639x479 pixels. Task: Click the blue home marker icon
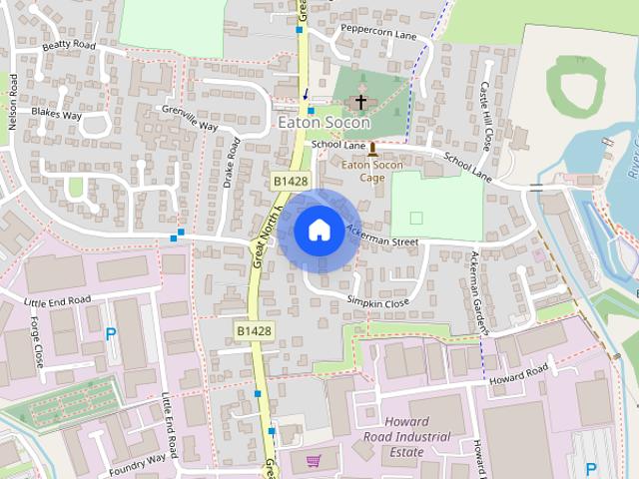(x=319, y=230)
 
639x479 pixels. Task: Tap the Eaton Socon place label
(x=323, y=123)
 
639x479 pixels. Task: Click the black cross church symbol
(x=360, y=103)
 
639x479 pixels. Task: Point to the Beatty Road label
(x=69, y=46)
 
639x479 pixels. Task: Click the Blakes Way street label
(x=55, y=115)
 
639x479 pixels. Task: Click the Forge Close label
(x=37, y=340)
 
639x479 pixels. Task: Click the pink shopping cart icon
(x=314, y=460)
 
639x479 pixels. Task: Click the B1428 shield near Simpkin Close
(x=255, y=329)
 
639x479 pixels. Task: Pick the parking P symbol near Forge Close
(x=111, y=334)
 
